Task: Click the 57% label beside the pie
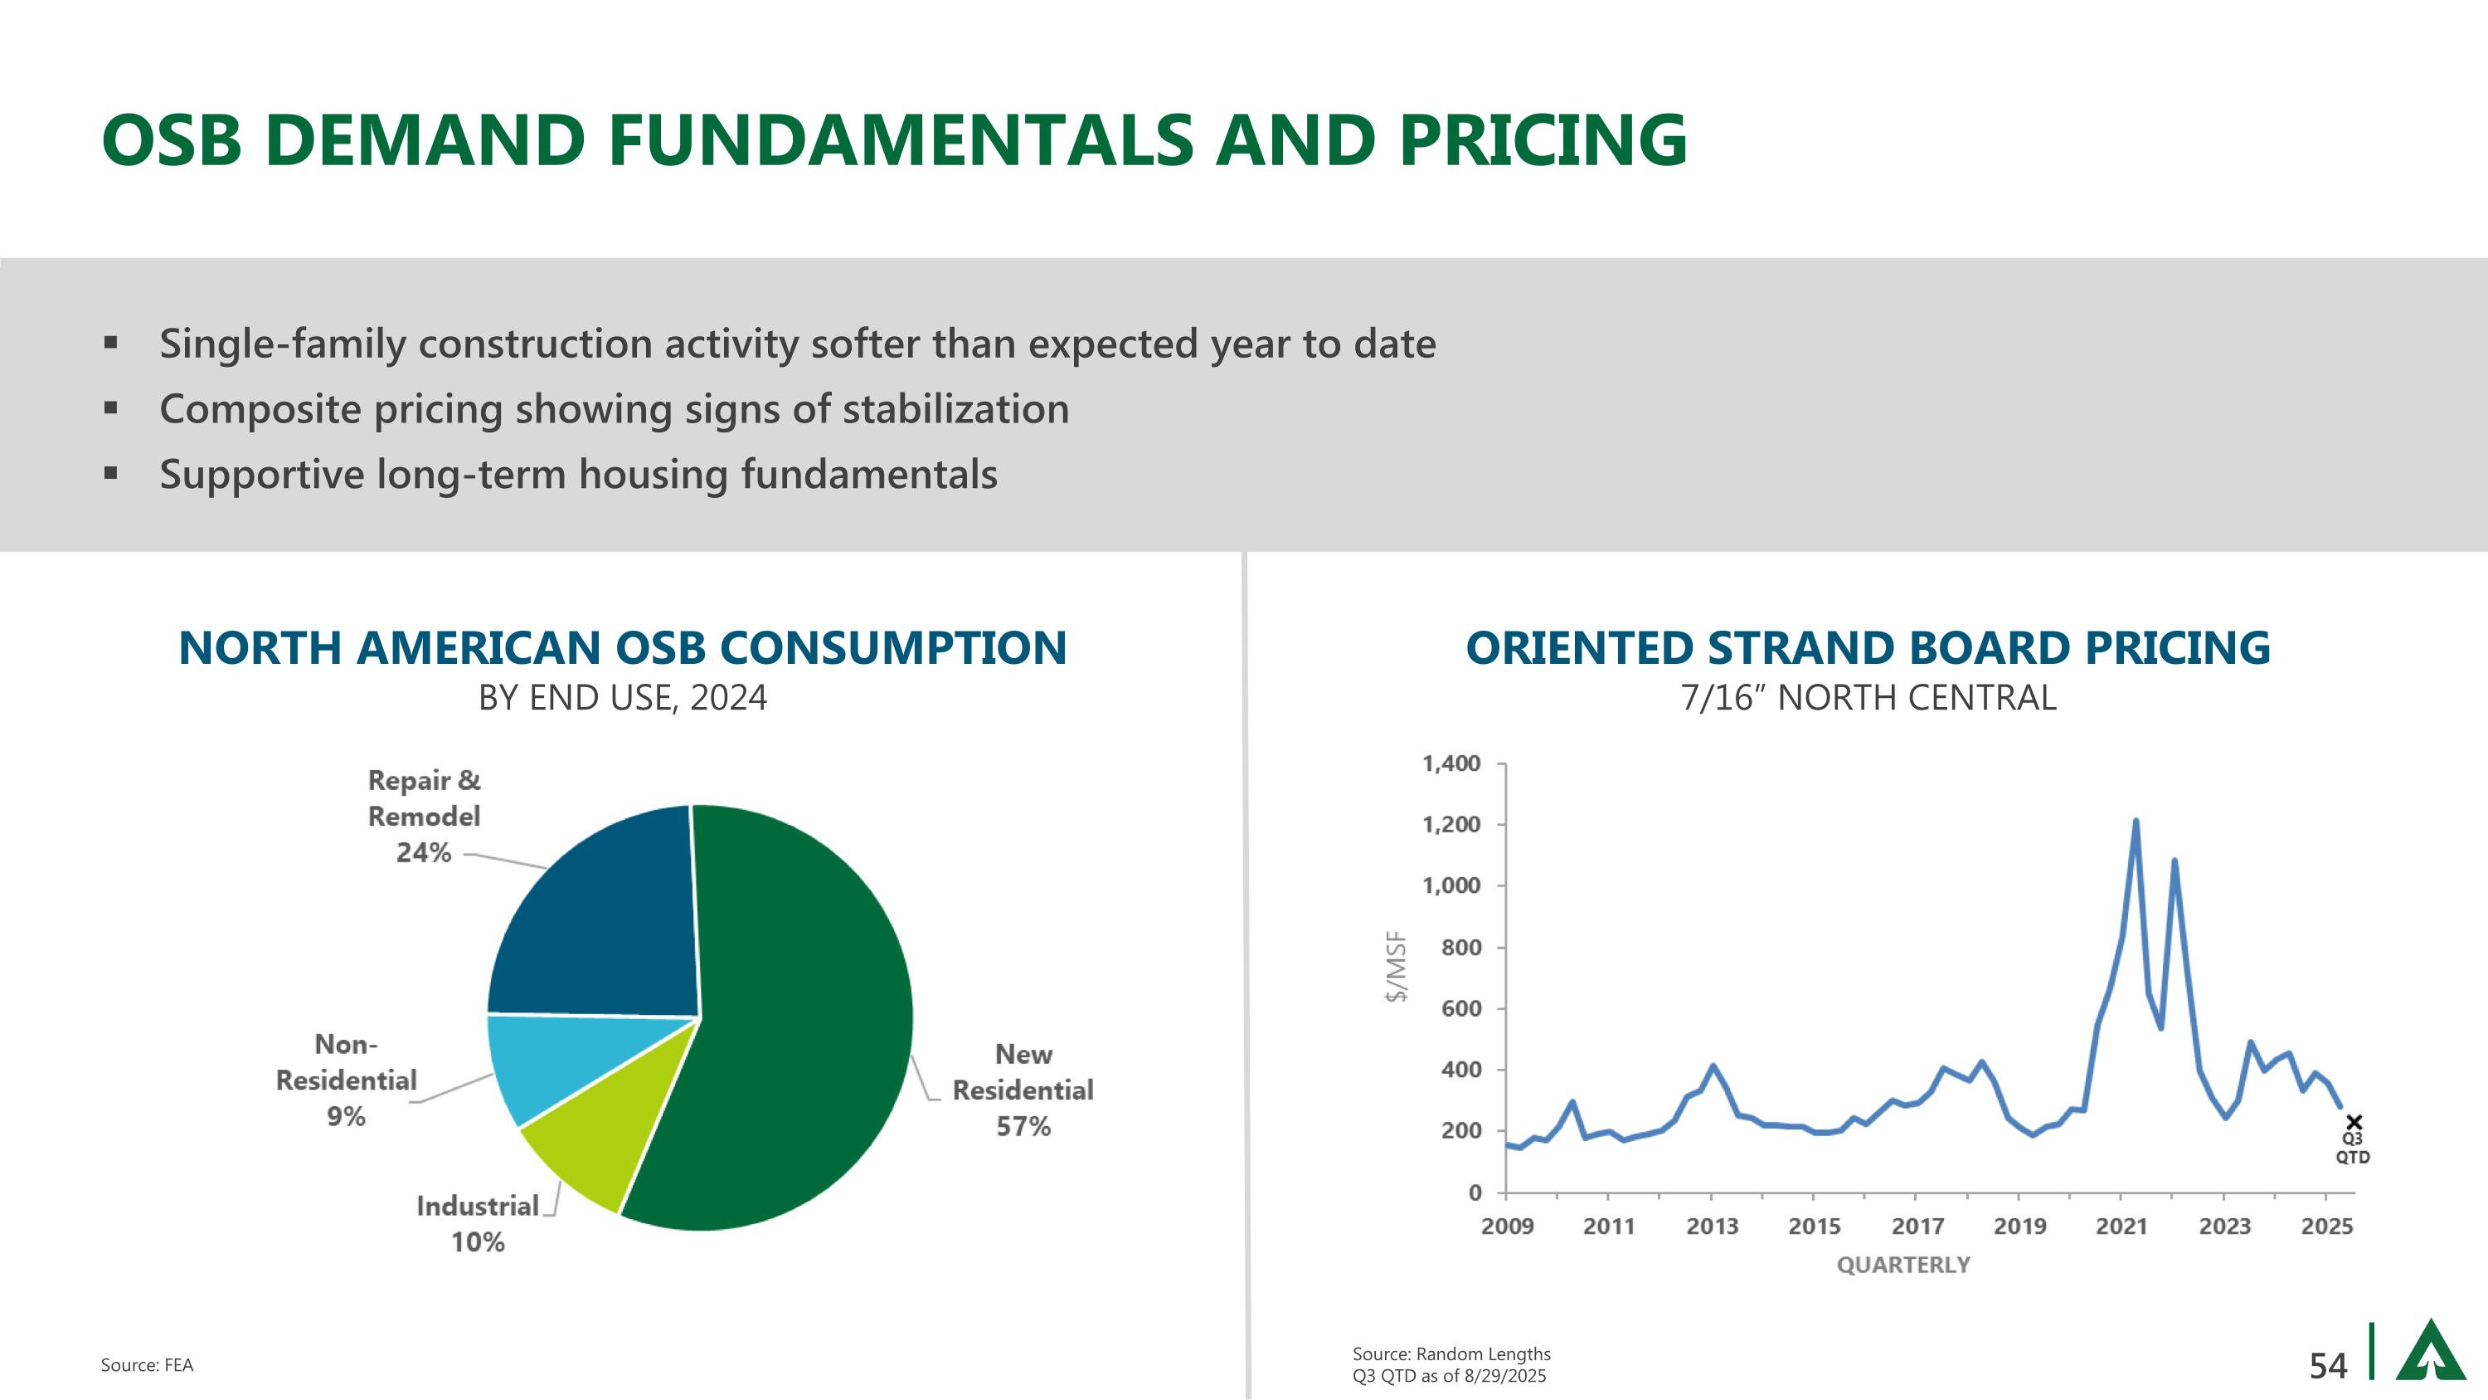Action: [x=1023, y=1127]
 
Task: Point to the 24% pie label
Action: [x=424, y=853]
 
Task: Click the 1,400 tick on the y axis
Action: [x=1451, y=764]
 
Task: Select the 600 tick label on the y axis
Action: [x=1460, y=1008]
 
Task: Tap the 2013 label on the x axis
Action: [x=1713, y=1227]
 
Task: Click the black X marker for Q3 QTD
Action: [x=2354, y=1122]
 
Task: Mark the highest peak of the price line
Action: [x=2136, y=822]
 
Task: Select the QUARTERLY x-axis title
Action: [x=1902, y=1266]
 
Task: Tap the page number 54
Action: [x=2328, y=1366]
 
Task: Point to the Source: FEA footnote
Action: [x=147, y=1365]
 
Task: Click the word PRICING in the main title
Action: [x=1543, y=140]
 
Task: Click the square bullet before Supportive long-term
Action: [x=111, y=473]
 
